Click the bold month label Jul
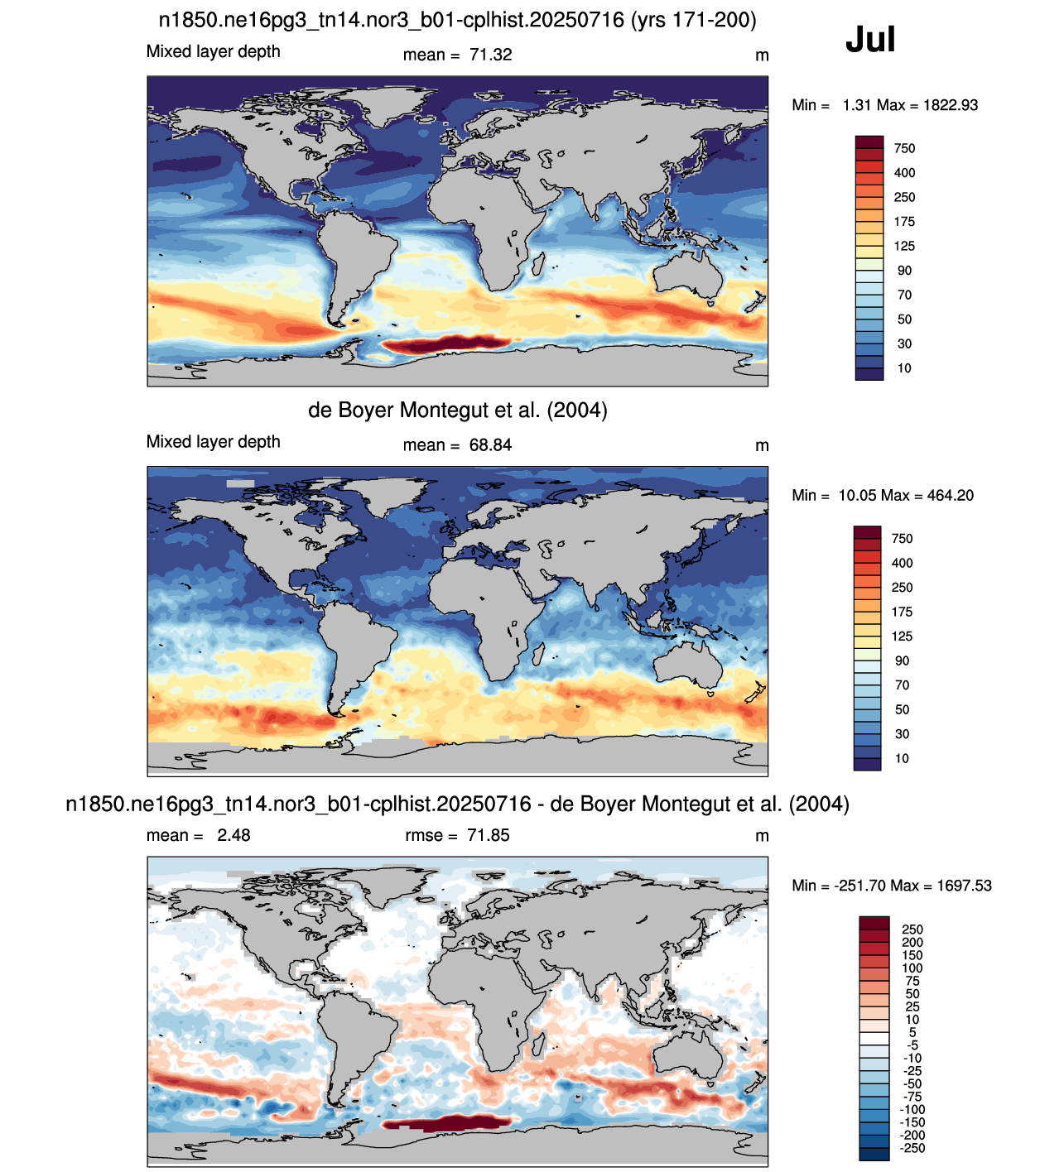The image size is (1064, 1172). click(870, 40)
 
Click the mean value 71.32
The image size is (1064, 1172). click(490, 55)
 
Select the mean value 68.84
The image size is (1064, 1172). click(490, 445)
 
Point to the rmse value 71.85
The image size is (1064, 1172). click(489, 835)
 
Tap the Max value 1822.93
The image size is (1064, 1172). click(951, 105)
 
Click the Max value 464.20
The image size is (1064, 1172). click(946, 496)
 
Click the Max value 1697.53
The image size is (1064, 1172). click(965, 886)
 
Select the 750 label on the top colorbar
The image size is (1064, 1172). click(904, 148)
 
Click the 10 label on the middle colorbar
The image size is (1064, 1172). click(902, 758)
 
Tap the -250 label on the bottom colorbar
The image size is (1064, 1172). click(912, 1148)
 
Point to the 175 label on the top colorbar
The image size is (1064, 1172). click(904, 222)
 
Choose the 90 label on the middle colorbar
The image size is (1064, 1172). click(902, 660)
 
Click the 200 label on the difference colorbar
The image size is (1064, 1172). click(912, 943)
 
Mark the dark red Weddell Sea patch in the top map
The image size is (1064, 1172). click(445, 344)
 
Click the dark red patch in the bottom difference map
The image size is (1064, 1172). click(446, 1123)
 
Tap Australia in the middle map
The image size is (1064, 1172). click(689, 666)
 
